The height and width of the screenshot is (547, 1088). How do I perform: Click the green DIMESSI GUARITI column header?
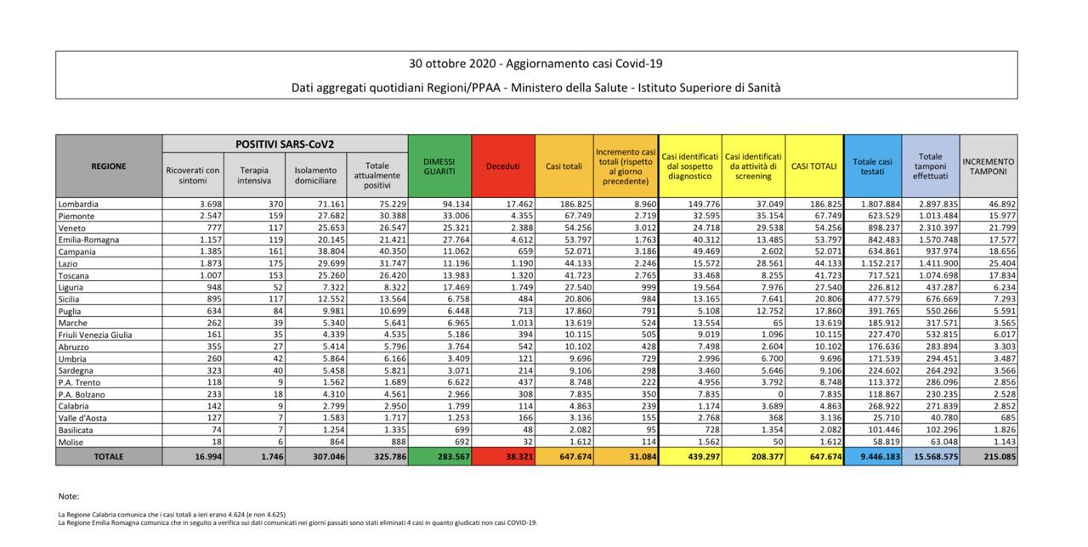tap(439, 166)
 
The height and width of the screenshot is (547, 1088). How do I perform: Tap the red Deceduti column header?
tap(502, 166)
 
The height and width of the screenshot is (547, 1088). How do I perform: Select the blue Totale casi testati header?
tap(872, 166)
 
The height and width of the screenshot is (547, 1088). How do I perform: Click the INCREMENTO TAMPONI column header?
tap(989, 166)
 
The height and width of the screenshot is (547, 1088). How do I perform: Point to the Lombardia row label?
tap(77, 205)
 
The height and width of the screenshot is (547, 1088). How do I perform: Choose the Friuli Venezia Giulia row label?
tap(94, 335)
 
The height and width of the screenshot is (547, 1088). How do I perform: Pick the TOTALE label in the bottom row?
tap(109, 457)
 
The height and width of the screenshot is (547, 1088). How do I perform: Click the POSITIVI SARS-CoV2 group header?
tap(285, 144)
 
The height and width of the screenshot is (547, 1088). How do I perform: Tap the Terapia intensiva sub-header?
tap(254, 175)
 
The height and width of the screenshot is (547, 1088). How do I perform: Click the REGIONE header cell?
tap(109, 166)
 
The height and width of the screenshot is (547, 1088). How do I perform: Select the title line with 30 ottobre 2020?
tap(535, 64)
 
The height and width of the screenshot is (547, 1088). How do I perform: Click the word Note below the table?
tap(68, 496)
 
